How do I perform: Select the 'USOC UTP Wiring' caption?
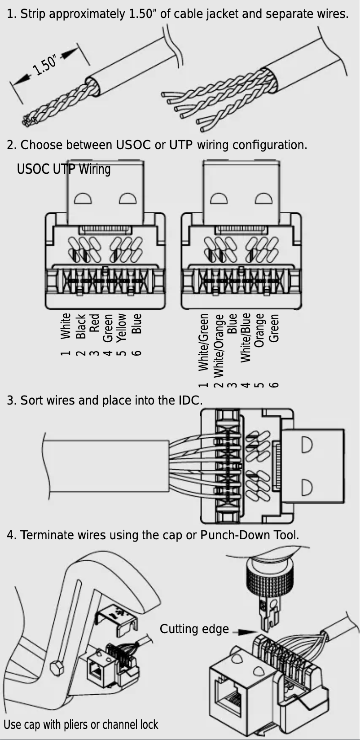coord(63,169)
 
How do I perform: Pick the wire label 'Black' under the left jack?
coord(81,326)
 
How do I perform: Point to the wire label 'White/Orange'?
coord(219,346)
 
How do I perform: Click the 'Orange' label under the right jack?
coord(259,330)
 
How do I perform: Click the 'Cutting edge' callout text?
coord(194,629)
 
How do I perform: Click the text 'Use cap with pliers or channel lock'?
coord(81,724)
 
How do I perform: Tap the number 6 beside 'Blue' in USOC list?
coord(137,353)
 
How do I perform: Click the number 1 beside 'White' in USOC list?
coord(66,353)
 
